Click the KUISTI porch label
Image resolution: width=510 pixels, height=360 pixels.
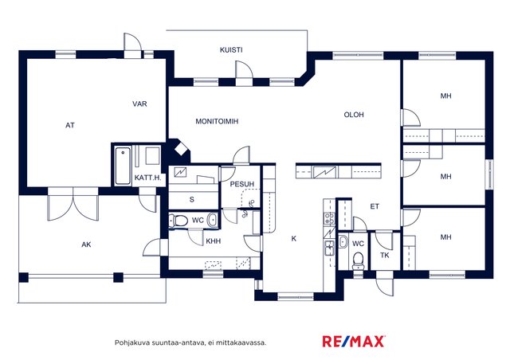[x=231, y=50]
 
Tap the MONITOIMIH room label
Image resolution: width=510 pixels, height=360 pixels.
[x=217, y=121]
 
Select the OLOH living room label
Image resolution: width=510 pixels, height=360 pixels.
[x=354, y=115]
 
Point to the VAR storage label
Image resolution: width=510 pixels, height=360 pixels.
[x=139, y=104]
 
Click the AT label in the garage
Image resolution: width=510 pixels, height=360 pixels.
[x=70, y=125]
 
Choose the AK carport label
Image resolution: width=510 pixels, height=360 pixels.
[x=86, y=245]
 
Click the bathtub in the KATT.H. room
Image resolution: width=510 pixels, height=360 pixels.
[x=123, y=166]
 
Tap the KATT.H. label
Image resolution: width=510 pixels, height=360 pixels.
[x=147, y=178]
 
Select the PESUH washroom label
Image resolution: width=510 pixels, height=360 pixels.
[x=242, y=185]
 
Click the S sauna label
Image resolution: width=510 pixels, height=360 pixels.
[x=192, y=199]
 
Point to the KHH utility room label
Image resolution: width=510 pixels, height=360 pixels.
[x=214, y=241]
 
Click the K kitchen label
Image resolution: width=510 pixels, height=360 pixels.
[x=294, y=239]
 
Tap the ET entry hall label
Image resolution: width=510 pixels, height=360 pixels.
[x=375, y=206]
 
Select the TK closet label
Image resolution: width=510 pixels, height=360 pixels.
[x=385, y=256]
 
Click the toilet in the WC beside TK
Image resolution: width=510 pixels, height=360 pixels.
[x=358, y=260]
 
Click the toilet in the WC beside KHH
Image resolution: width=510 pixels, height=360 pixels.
[x=178, y=221]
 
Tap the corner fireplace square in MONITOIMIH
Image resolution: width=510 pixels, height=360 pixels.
[x=179, y=150]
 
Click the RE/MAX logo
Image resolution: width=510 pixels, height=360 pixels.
[x=354, y=341]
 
